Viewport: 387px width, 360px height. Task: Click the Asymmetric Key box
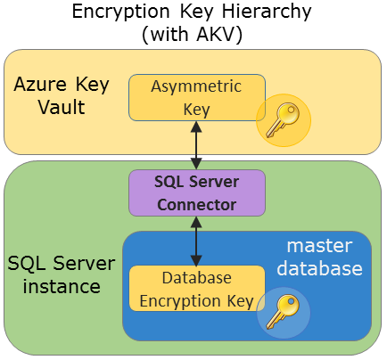click(x=196, y=96)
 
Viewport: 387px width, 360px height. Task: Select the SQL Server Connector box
click(x=196, y=192)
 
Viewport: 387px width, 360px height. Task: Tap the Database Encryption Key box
click(x=196, y=287)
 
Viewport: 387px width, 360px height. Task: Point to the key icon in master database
click(x=284, y=312)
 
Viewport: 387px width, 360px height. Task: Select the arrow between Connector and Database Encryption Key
click(x=196, y=240)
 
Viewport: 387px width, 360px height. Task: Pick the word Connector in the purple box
click(x=196, y=204)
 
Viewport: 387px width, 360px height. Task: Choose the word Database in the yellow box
click(x=197, y=277)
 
